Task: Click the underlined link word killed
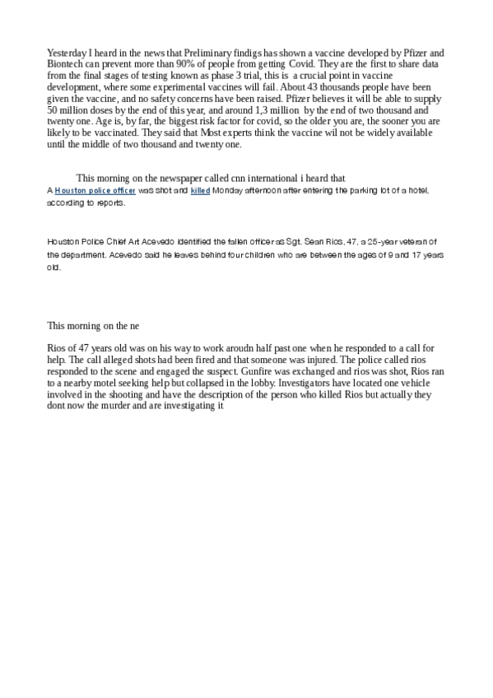click(x=201, y=190)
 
